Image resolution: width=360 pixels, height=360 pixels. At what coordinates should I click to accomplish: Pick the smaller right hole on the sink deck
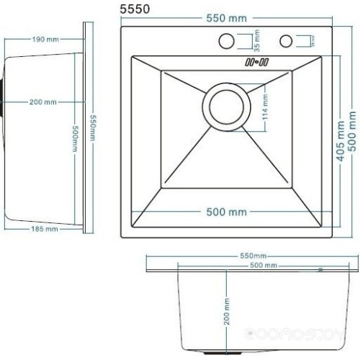[x=287, y=40]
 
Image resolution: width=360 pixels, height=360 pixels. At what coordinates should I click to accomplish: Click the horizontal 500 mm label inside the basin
[x=228, y=212]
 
